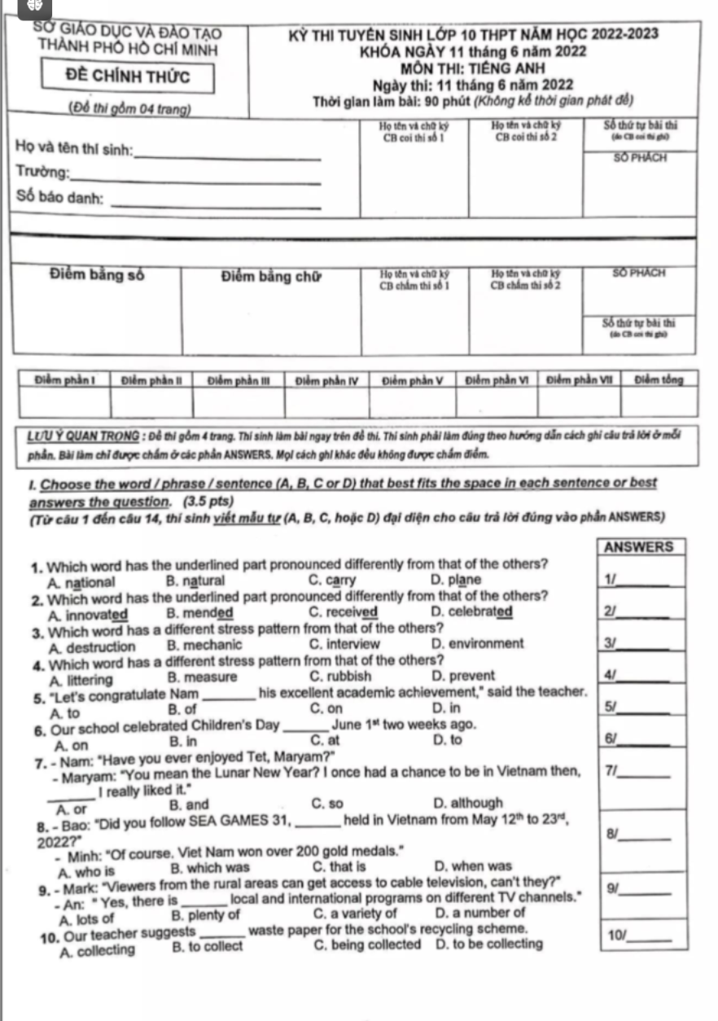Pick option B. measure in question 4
(202, 677)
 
